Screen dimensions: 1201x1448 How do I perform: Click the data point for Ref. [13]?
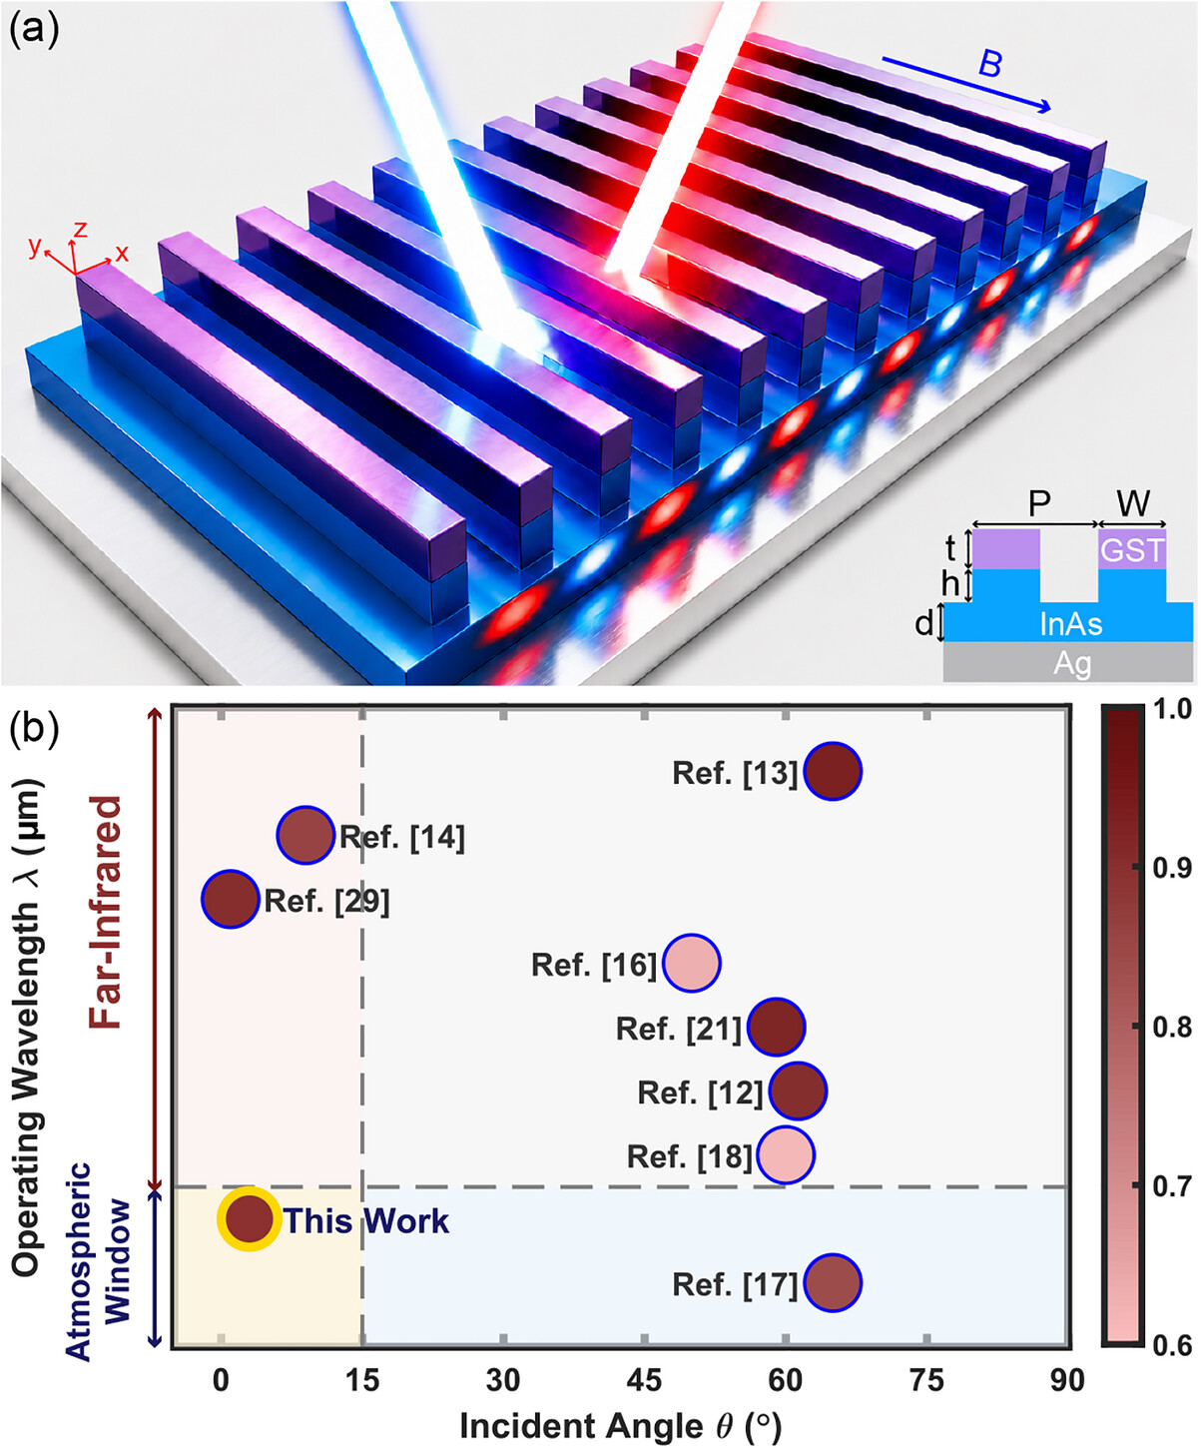[833, 771]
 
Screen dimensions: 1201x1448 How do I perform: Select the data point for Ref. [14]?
[305, 835]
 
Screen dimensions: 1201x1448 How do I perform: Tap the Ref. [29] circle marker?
[231, 899]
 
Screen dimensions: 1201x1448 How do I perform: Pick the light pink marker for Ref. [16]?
[691, 964]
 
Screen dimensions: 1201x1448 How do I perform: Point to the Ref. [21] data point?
[777, 1027]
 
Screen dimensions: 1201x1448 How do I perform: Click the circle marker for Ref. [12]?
[798, 1091]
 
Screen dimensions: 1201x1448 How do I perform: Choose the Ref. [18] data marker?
[786, 1155]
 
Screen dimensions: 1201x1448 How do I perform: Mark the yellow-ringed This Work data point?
[249, 1219]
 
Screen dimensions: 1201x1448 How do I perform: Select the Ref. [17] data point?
[833, 1283]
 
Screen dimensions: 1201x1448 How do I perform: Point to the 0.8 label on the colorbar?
[1172, 1027]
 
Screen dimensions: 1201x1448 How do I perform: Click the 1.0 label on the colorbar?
[1172, 709]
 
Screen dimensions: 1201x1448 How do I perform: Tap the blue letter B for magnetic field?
[989, 65]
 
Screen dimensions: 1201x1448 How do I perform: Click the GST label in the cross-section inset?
[1132, 550]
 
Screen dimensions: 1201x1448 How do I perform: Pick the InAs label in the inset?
[1070, 625]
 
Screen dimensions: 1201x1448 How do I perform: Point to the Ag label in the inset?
[1072, 664]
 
